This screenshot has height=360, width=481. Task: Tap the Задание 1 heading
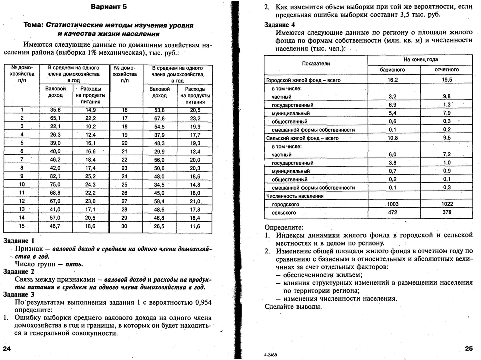tap(19, 241)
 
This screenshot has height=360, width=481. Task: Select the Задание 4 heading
tap(279, 25)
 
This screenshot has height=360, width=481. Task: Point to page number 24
tap(7, 348)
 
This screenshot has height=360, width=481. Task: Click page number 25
tap(468, 348)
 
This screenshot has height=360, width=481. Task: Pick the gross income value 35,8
tap(55, 110)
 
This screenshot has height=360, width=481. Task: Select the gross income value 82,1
tap(55, 176)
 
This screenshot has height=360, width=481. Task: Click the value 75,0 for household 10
tap(55, 184)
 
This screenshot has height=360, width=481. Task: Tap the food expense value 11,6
tap(195, 226)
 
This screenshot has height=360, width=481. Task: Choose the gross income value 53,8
tap(159, 110)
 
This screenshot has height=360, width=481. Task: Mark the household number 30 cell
tap(125, 226)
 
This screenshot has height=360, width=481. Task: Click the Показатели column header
tap(316, 64)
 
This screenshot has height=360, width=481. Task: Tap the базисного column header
tap(393, 70)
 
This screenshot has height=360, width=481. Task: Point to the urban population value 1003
tap(393, 204)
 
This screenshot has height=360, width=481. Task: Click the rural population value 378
tap(446, 212)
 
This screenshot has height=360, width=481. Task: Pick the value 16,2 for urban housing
tap(393, 80)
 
